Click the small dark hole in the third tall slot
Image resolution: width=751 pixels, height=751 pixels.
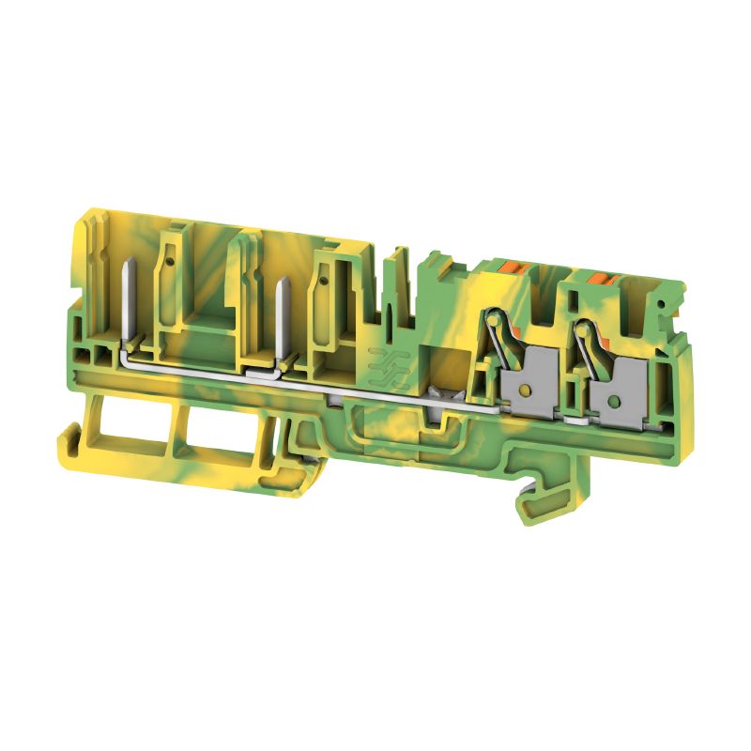(x=324, y=277)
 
